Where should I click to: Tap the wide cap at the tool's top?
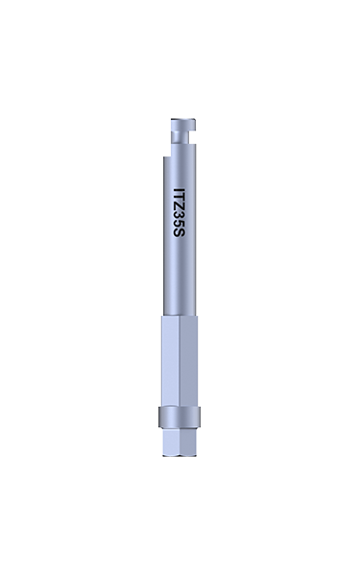(183, 125)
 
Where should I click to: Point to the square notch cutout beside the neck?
(192, 137)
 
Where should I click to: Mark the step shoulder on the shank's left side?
(167, 156)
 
